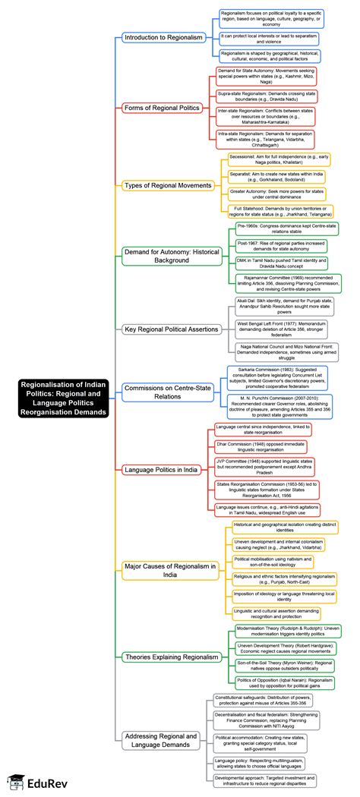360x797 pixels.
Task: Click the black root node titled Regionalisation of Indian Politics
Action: tap(65, 398)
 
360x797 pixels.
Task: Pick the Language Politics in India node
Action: tap(160, 469)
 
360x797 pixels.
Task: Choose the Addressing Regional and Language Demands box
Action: tap(160, 741)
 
